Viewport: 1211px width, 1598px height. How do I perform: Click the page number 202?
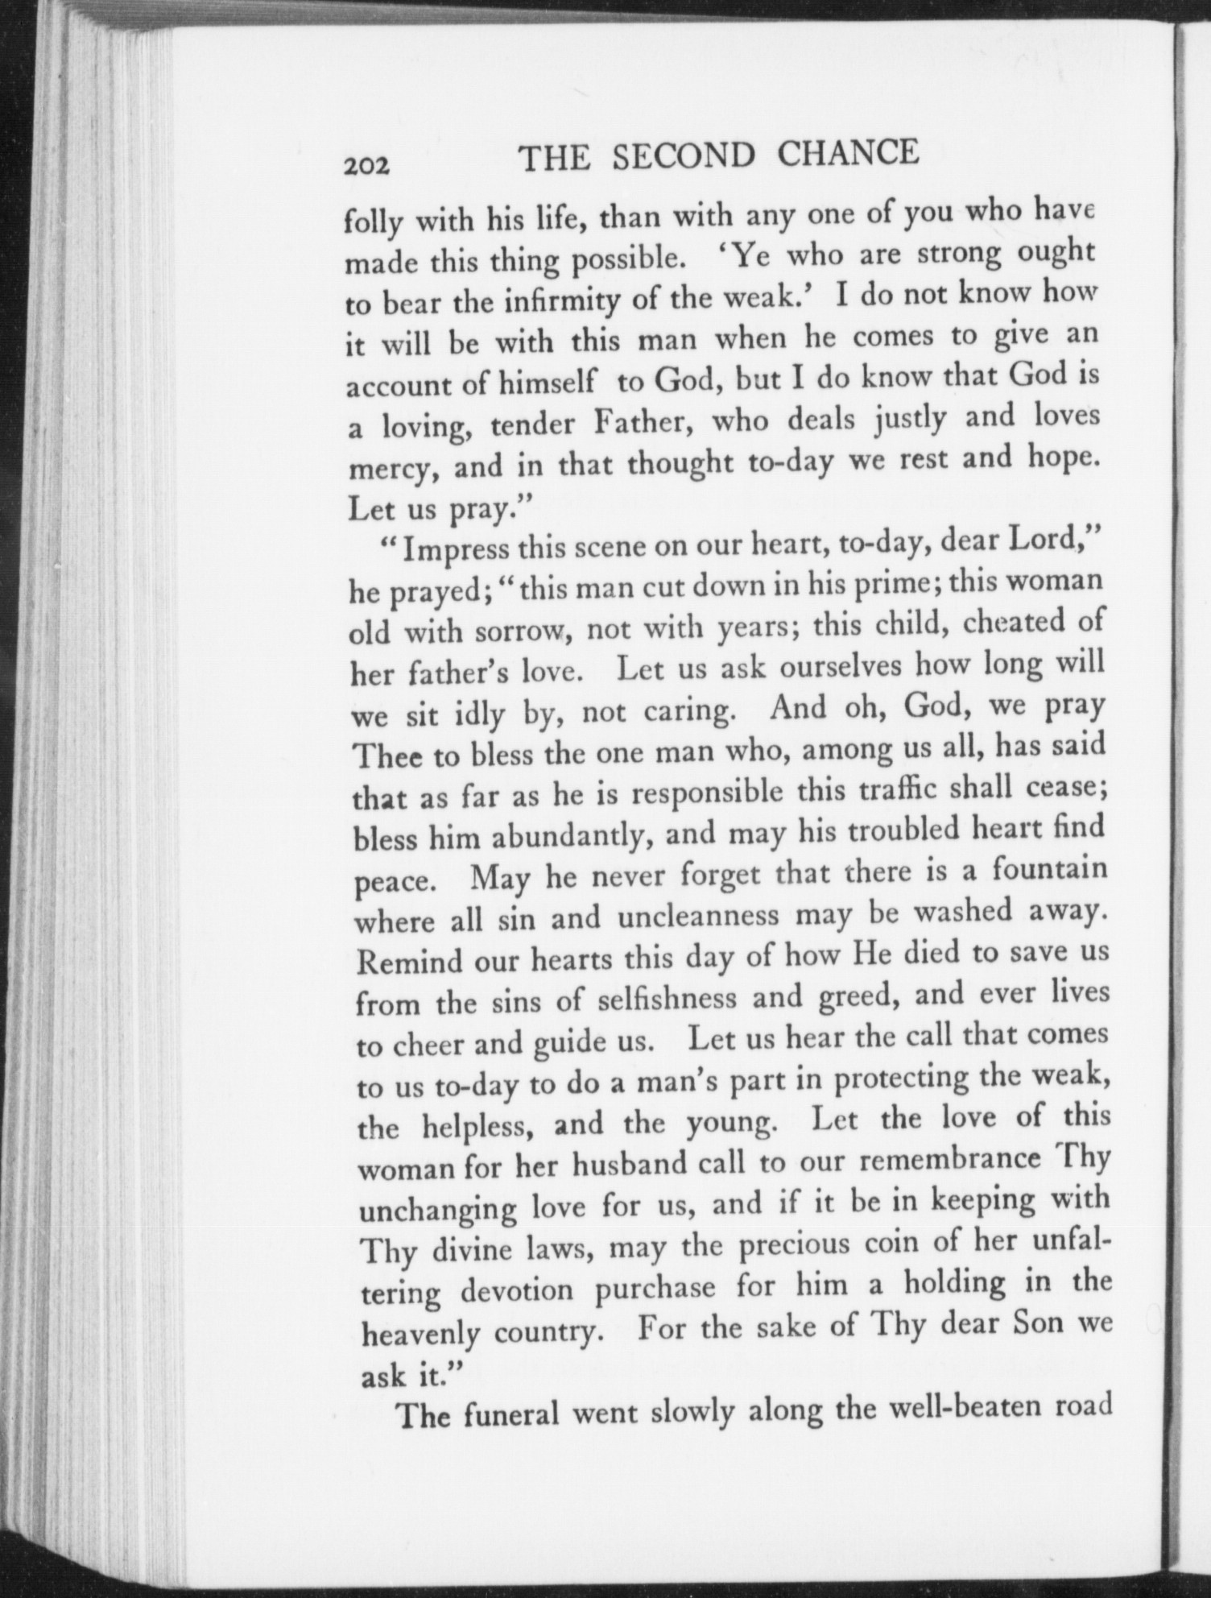pos(366,165)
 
